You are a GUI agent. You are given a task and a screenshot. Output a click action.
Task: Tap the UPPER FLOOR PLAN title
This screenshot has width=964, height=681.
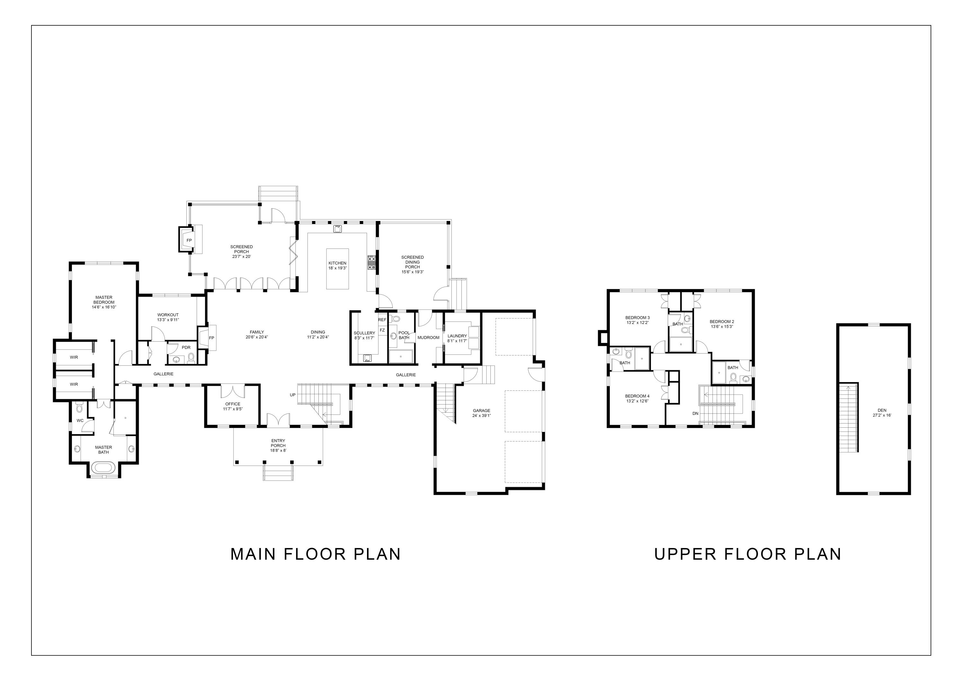(x=748, y=554)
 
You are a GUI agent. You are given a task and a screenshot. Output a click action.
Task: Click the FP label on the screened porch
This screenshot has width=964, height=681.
(x=189, y=240)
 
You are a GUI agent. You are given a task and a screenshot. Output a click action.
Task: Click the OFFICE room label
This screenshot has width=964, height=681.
(x=233, y=404)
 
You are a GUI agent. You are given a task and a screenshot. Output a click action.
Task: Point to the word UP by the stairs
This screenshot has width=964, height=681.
(x=293, y=395)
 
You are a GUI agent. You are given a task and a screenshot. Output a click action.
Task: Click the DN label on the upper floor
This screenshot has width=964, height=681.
(x=695, y=413)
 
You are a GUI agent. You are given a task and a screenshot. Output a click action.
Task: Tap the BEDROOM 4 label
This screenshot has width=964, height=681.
(x=637, y=396)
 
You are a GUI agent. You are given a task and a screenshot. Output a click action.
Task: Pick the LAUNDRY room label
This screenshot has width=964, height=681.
(x=457, y=336)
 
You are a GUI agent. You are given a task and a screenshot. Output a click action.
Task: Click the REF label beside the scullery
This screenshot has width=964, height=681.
(x=382, y=320)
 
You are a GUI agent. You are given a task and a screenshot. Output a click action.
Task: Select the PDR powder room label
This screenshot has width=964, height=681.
(x=186, y=347)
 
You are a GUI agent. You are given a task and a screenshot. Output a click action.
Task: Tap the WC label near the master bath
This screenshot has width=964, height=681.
(x=80, y=420)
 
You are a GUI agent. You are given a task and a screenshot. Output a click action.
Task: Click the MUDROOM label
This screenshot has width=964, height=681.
(x=428, y=337)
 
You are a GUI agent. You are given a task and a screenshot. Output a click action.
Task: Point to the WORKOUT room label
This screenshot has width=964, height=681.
(x=168, y=315)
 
